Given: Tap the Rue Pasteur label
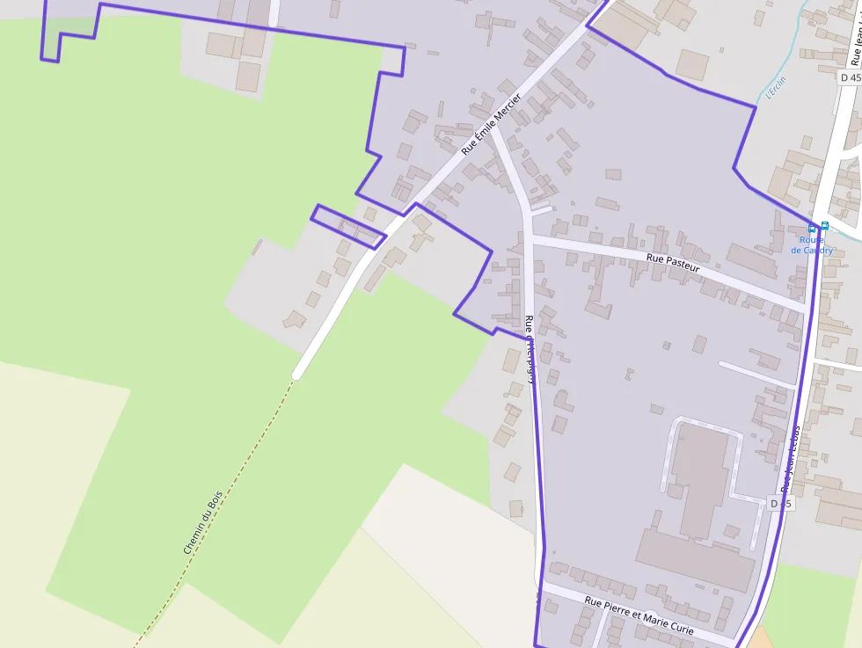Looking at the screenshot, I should click(672, 261).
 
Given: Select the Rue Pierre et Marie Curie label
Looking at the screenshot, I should click(639, 616).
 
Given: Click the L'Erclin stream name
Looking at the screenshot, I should click(776, 88).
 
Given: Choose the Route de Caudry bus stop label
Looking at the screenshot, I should click(811, 244).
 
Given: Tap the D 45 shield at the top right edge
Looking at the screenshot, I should click(850, 77).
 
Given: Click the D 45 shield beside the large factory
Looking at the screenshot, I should click(780, 504).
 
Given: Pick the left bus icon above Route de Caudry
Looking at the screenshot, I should click(812, 228).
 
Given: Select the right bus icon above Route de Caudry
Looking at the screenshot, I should click(824, 225).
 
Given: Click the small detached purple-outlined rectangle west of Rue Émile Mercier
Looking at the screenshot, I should click(347, 226).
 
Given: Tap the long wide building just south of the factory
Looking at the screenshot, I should click(695, 558).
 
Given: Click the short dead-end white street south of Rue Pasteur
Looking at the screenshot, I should click(756, 373).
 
